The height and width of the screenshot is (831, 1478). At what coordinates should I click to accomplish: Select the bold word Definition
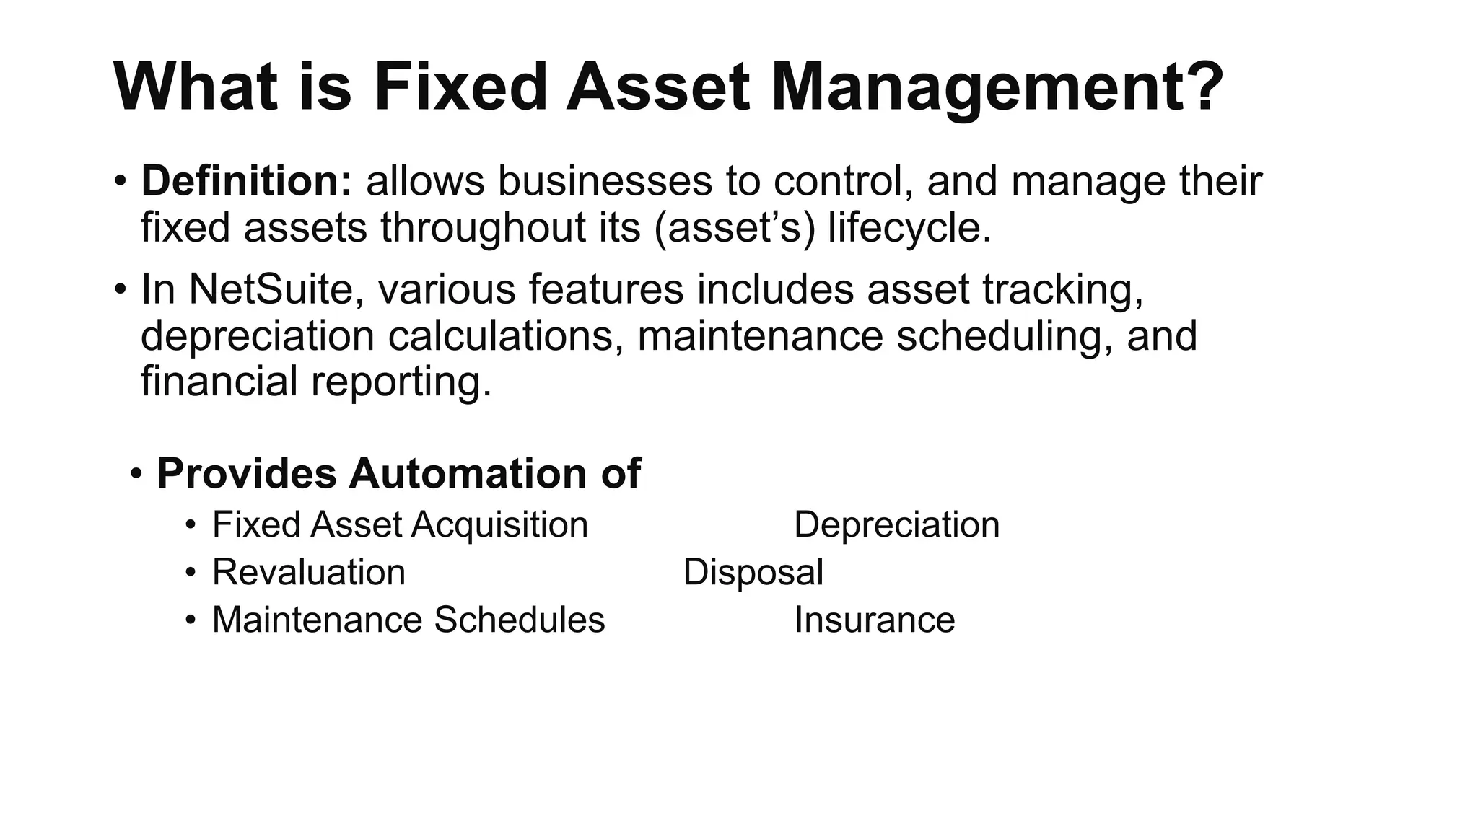246,180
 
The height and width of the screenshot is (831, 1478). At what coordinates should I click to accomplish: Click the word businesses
604,180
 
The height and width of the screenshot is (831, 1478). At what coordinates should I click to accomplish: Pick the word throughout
510,227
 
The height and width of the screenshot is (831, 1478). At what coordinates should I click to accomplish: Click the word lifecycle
909,227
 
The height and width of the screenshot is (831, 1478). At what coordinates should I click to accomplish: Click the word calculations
506,335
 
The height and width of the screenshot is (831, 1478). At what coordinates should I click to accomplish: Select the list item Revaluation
309,572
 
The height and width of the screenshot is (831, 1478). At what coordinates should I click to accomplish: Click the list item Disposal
753,572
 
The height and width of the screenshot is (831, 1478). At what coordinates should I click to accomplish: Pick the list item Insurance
874,620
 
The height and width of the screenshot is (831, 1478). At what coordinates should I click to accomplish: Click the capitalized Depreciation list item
896,524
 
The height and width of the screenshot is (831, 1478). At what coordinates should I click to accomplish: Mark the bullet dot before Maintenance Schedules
191,620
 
